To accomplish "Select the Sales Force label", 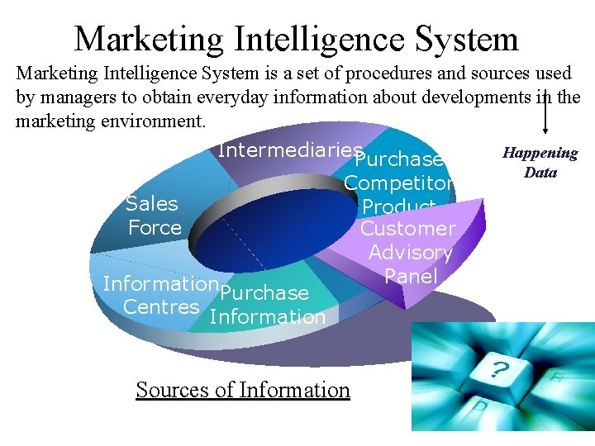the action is click(153, 216).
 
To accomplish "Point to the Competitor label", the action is click(397, 183).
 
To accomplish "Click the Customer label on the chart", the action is click(407, 228).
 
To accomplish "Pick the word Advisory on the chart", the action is click(410, 252).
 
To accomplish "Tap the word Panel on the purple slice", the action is click(411, 276).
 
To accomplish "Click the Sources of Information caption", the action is click(243, 390).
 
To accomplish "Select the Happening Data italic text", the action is click(540, 163).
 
